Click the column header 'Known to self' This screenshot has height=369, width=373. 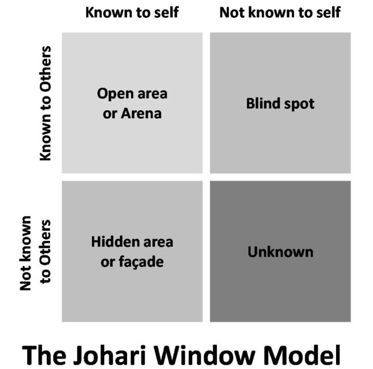pos(132,12)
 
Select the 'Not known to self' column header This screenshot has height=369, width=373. pos(280,12)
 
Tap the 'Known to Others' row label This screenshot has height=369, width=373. pos(45,103)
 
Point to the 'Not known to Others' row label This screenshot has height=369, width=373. pos(35,253)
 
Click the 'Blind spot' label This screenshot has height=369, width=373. pos(280,104)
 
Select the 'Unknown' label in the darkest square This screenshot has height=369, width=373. pos(280,252)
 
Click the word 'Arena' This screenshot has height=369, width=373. pos(141,114)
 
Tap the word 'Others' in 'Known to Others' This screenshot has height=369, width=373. pos(45,69)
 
